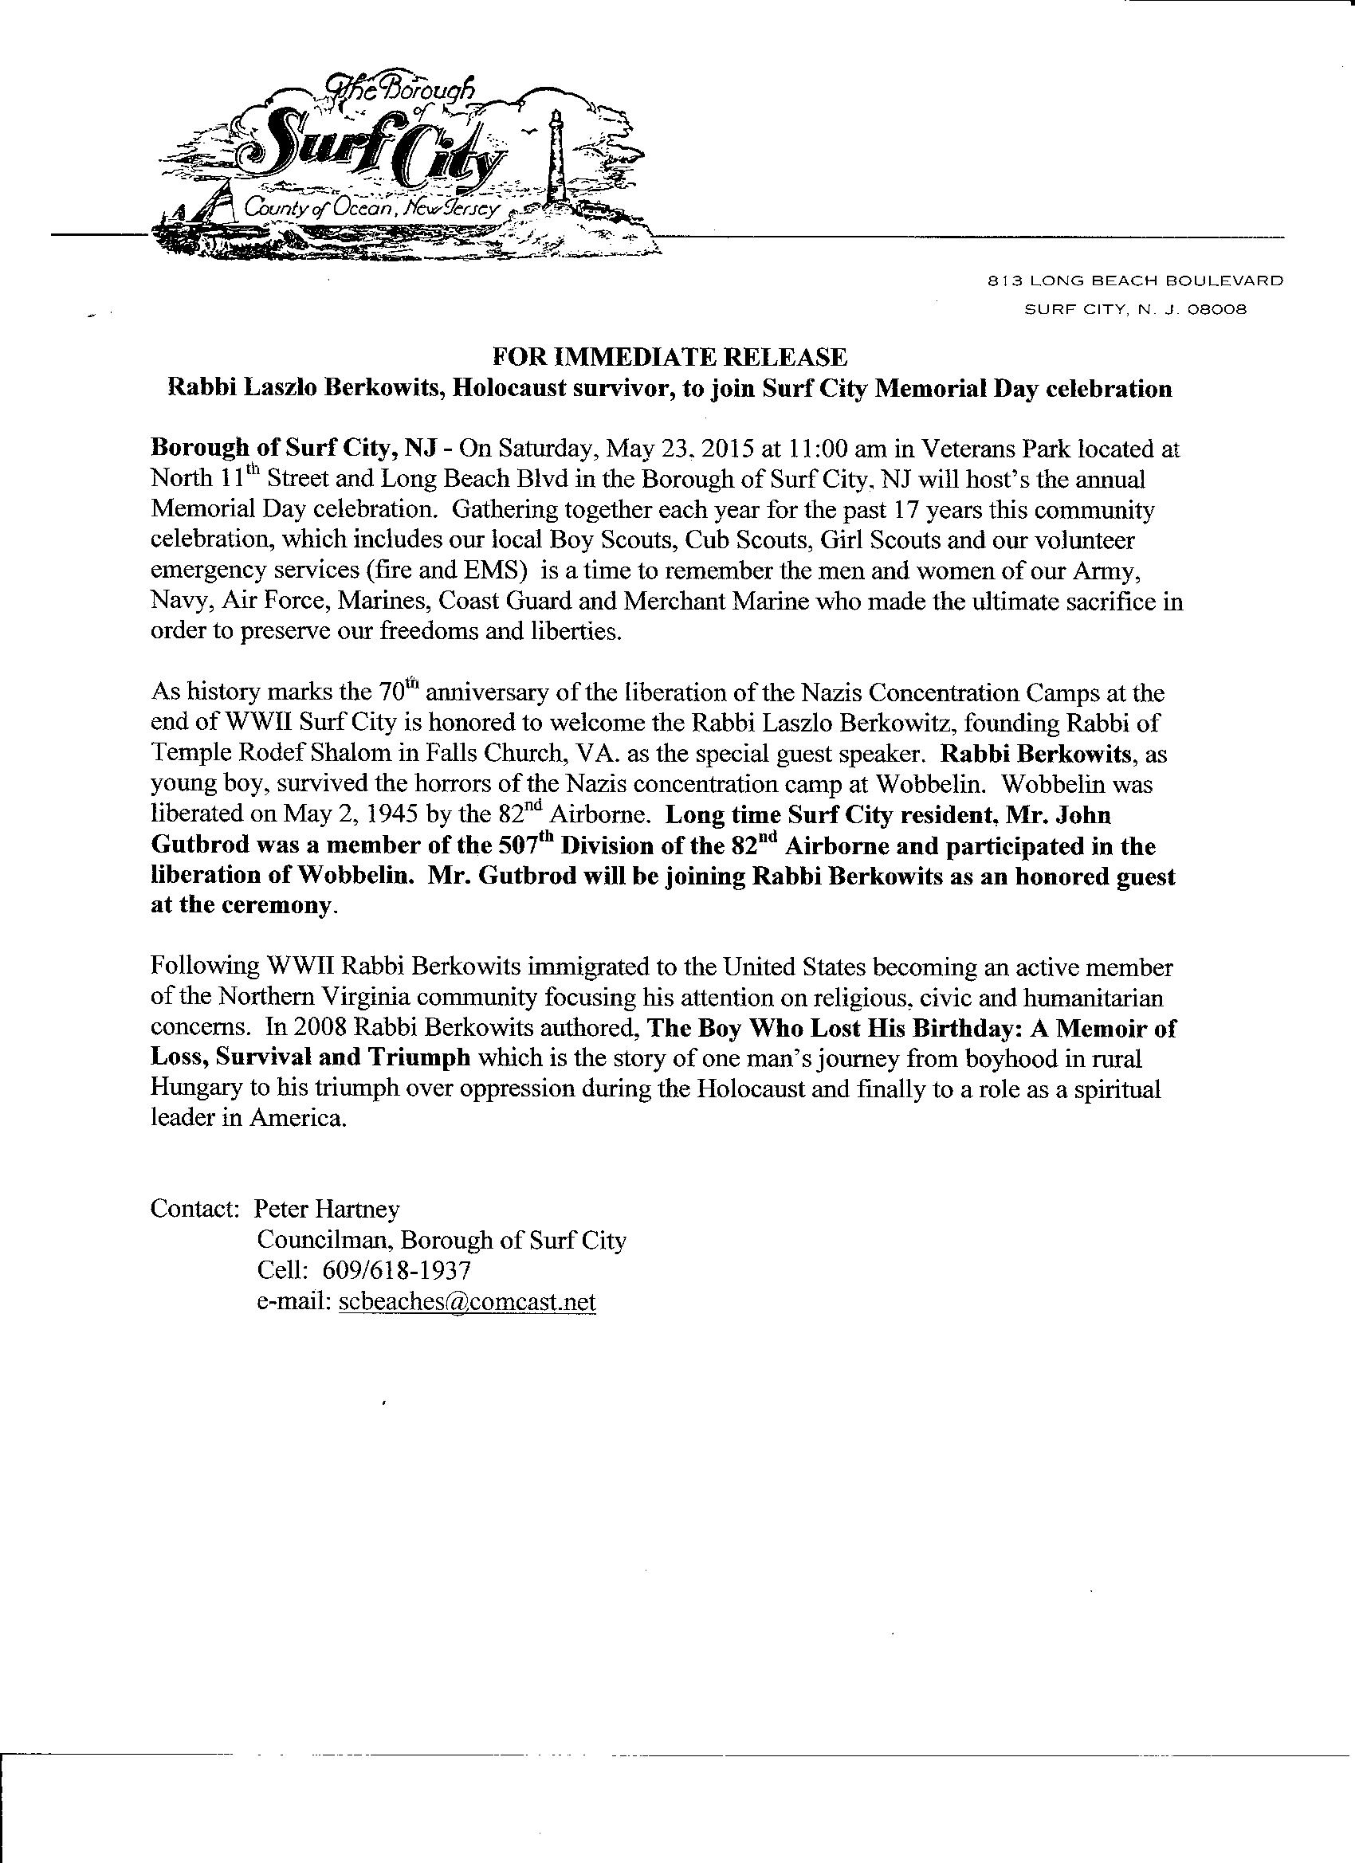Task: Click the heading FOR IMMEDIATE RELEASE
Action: (669, 357)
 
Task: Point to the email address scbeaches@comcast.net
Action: (467, 1302)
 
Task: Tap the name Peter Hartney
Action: (326, 1208)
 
